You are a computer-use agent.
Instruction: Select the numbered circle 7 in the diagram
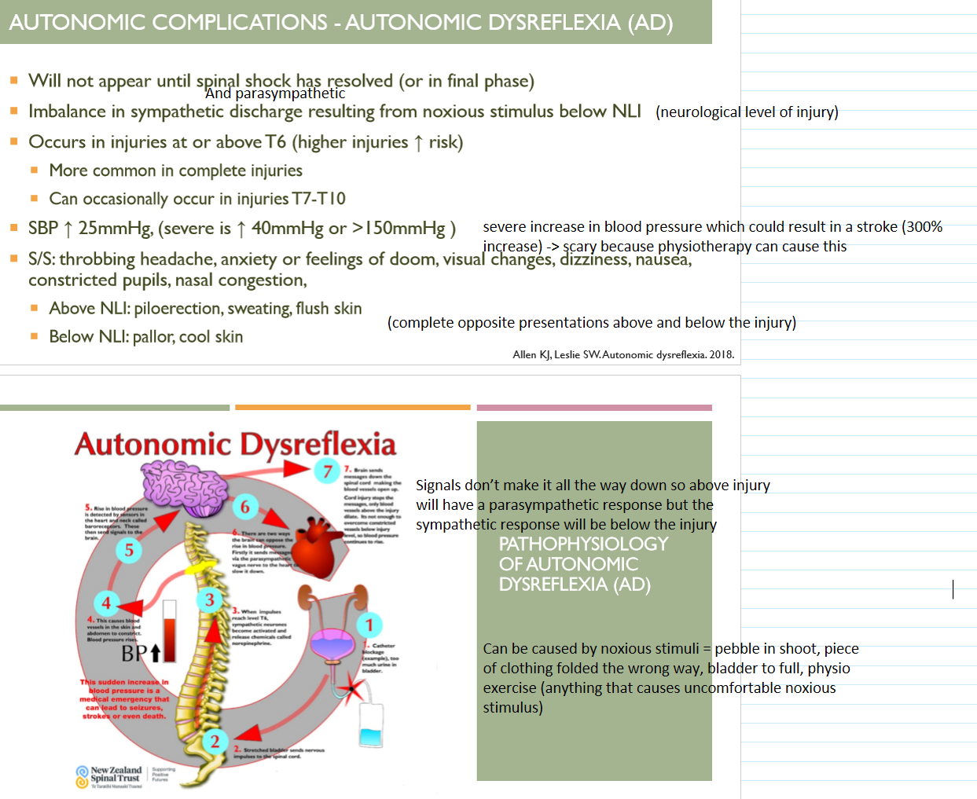coord(327,471)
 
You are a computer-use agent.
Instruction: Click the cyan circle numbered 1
coord(369,625)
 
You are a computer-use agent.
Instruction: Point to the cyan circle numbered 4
coord(106,603)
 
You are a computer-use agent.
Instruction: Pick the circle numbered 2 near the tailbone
coord(215,741)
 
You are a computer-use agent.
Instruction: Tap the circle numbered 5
coord(129,550)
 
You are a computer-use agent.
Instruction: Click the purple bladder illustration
coord(334,644)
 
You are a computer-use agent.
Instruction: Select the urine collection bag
coord(370,726)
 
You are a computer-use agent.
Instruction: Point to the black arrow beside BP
coord(155,653)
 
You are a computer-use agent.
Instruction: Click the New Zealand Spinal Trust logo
coord(110,775)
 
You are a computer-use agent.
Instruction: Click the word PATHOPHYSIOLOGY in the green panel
coord(583,544)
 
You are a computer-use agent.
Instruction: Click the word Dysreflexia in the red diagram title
coord(318,445)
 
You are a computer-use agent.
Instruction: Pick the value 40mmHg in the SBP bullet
coord(287,229)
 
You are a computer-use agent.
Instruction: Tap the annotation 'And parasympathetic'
coord(275,93)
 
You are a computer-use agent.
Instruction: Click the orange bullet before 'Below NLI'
coord(34,336)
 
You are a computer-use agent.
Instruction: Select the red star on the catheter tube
coord(352,690)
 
